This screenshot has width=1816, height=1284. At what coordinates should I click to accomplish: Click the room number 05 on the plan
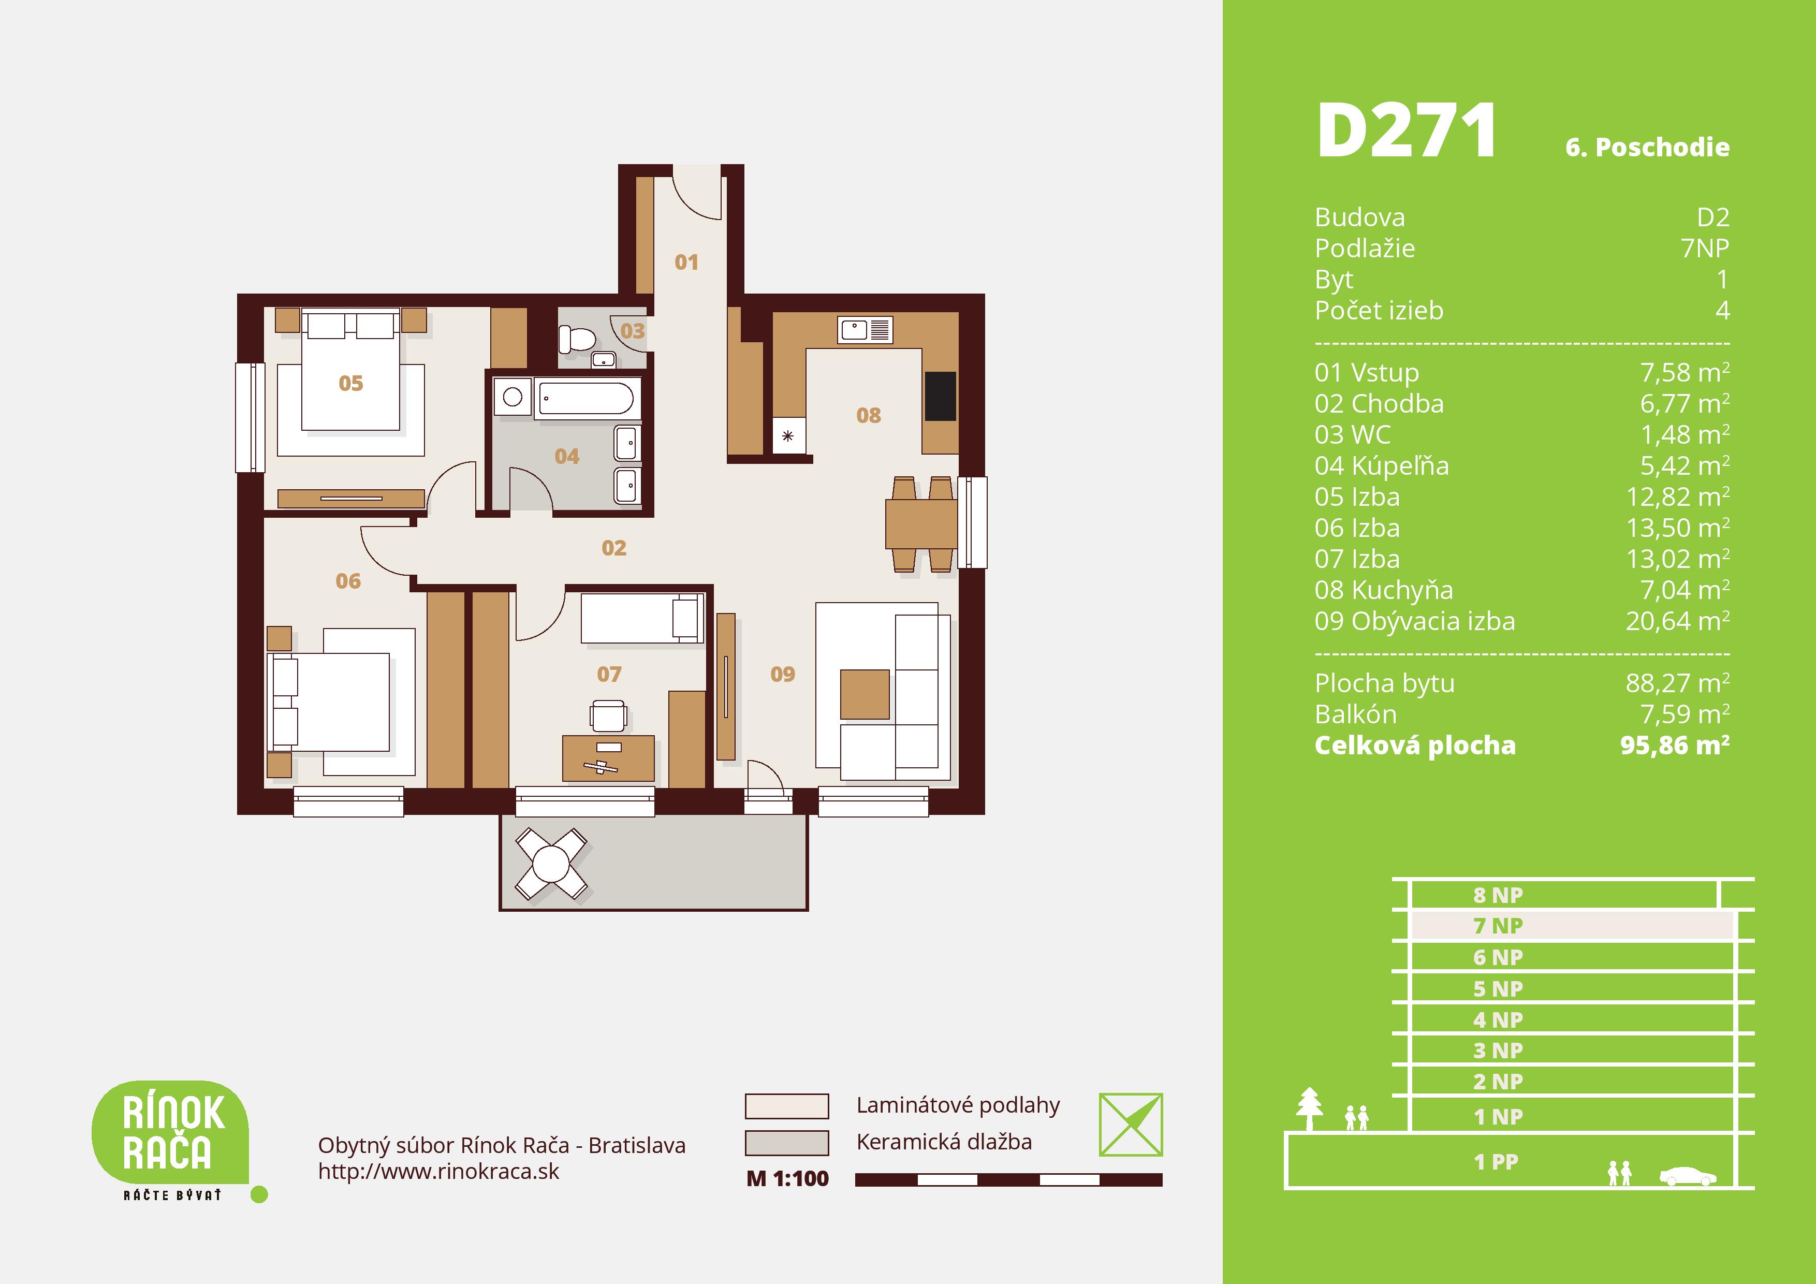coord(350,384)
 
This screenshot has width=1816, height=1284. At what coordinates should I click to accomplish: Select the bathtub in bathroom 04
coord(586,398)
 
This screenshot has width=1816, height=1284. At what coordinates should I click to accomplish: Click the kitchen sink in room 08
coord(865,330)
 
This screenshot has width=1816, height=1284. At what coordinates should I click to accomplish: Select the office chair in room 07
coord(608,716)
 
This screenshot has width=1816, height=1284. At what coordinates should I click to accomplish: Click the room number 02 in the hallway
coord(614,548)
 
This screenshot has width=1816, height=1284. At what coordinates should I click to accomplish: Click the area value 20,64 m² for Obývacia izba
coord(1677,621)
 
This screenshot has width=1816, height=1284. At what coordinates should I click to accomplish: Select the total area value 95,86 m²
coord(1675,745)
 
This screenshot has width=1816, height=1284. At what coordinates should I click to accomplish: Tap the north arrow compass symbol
coord(1130,1125)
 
